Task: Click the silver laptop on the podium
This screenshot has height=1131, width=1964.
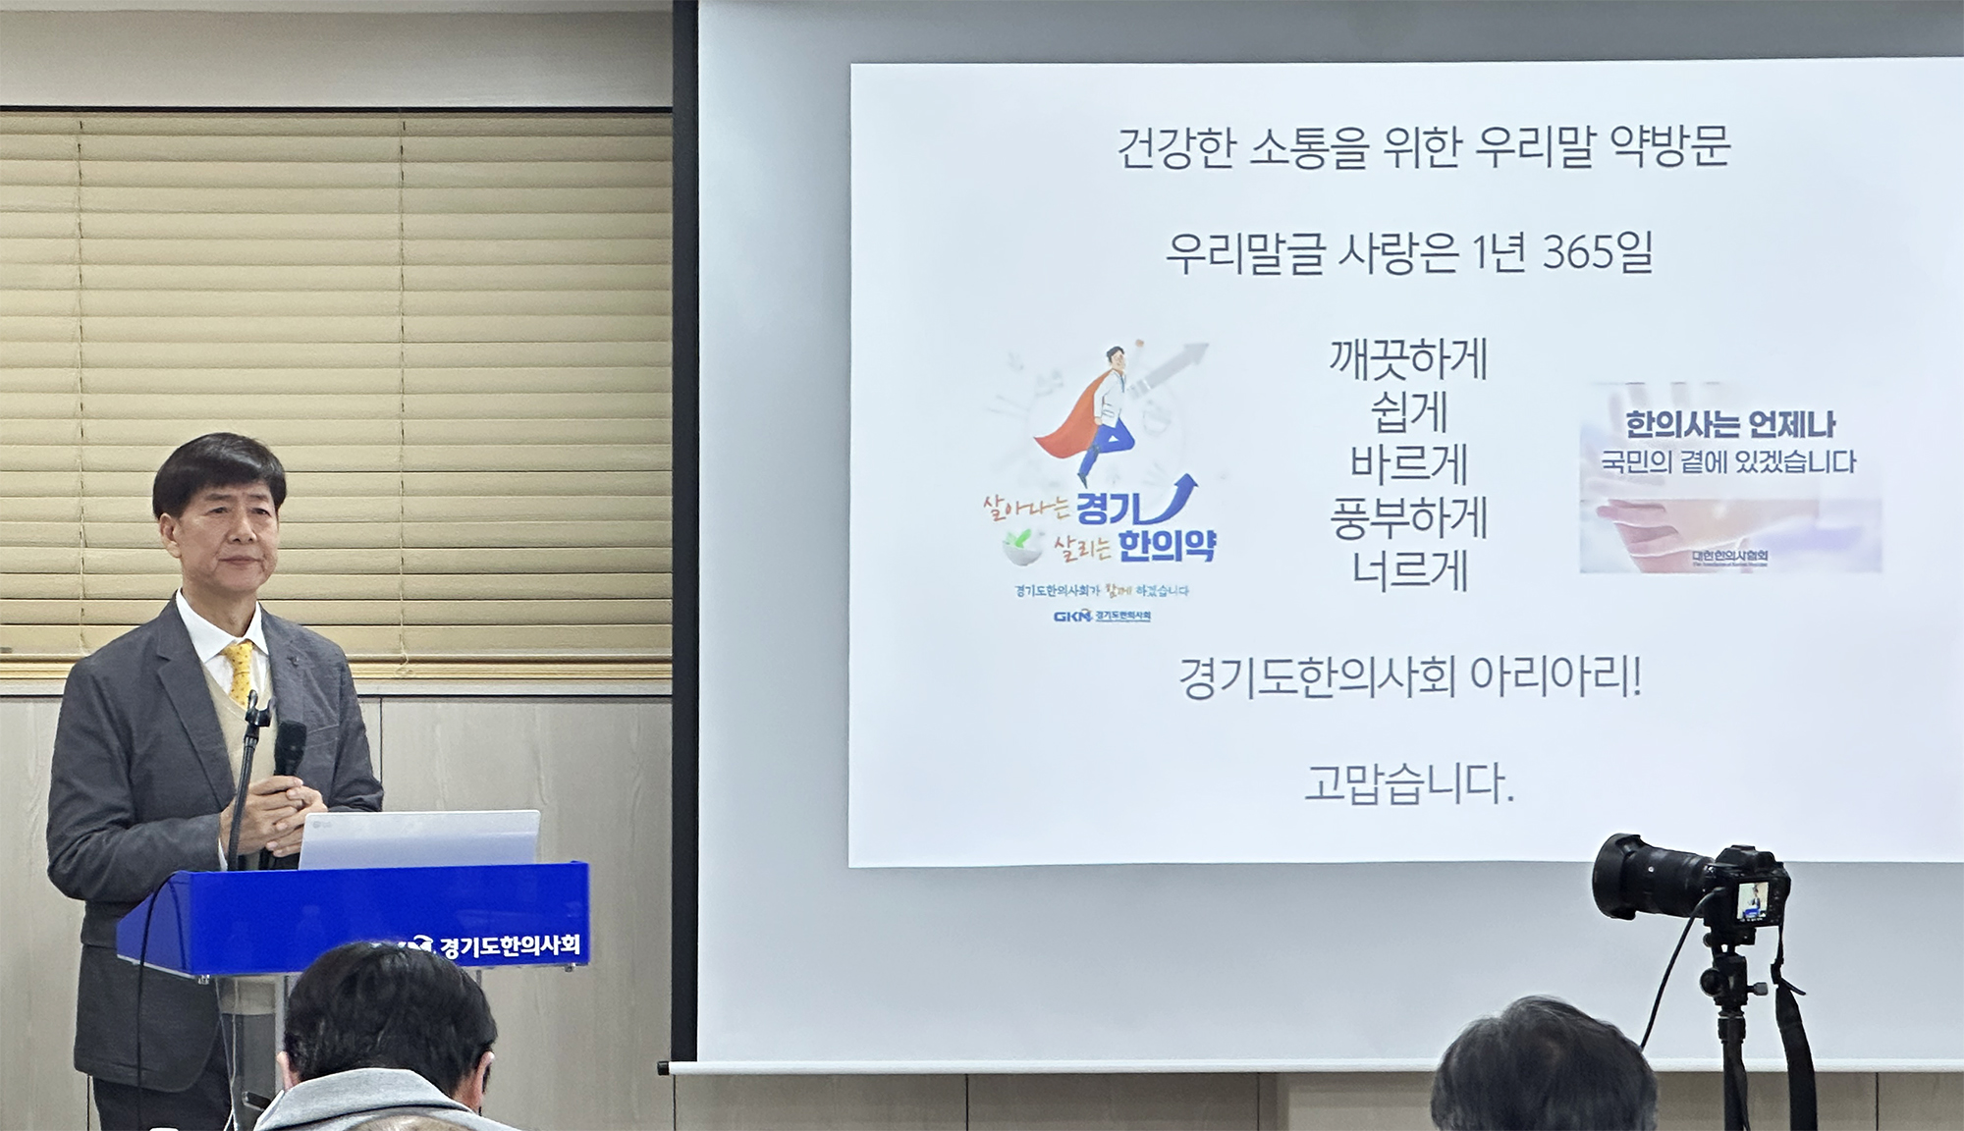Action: coord(419,839)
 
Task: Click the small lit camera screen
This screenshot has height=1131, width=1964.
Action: coord(1754,900)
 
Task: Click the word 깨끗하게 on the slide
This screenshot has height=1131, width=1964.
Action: coord(1409,360)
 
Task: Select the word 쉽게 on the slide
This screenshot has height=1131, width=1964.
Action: coord(1409,412)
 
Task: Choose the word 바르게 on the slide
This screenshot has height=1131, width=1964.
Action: coord(1409,464)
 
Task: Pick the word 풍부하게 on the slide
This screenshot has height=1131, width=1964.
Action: coord(1409,517)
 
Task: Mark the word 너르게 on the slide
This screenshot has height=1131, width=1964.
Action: coord(1409,570)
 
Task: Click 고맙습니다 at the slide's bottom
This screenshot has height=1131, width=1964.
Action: coord(1409,784)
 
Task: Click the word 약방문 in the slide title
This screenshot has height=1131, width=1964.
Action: coord(1670,147)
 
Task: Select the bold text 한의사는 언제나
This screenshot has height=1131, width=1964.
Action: coord(1729,424)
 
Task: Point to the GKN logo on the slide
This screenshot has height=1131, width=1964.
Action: coord(1072,617)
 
